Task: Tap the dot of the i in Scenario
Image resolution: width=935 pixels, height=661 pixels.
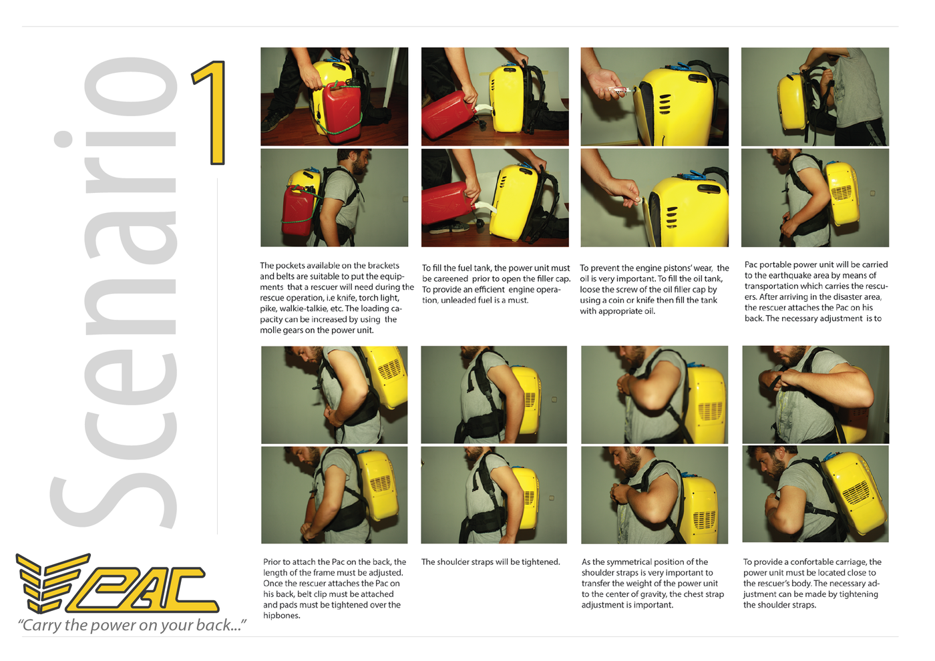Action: pyautogui.click(x=63, y=139)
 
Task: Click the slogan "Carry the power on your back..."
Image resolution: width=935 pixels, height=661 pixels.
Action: pyautogui.click(x=132, y=625)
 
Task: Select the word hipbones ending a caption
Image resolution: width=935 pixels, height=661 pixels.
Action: pyautogui.click(x=281, y=616)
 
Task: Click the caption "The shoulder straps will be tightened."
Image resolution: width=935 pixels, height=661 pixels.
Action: pyautogui.click(x=490, y=562)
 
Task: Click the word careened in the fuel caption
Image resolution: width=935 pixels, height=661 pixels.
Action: pyautogui.click(x=451, y=279)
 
